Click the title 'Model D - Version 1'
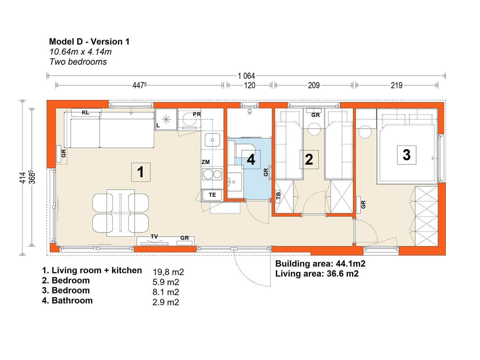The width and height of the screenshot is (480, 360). (89, 42)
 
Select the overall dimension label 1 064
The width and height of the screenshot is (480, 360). (246, 76)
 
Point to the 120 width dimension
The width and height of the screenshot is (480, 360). (250, 85)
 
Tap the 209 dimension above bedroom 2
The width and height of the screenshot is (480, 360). (314, 85)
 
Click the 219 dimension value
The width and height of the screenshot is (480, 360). (396, 85)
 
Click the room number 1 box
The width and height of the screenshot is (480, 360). (141, 172)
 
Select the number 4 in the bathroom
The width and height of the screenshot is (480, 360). (251, 160)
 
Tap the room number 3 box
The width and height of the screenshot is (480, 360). (406, 155)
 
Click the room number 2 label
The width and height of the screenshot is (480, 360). (309, 160)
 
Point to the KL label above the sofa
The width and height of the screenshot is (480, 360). (85, 112)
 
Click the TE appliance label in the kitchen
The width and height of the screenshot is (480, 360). (212, 195)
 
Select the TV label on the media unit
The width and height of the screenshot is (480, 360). (154, 237)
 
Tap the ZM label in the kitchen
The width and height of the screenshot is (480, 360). (205, 162)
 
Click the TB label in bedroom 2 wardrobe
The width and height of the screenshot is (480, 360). (278, 196)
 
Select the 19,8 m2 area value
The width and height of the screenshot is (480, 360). (168, 272)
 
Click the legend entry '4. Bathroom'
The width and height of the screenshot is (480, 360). (67, 300)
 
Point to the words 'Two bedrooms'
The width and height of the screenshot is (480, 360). (78, 62)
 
